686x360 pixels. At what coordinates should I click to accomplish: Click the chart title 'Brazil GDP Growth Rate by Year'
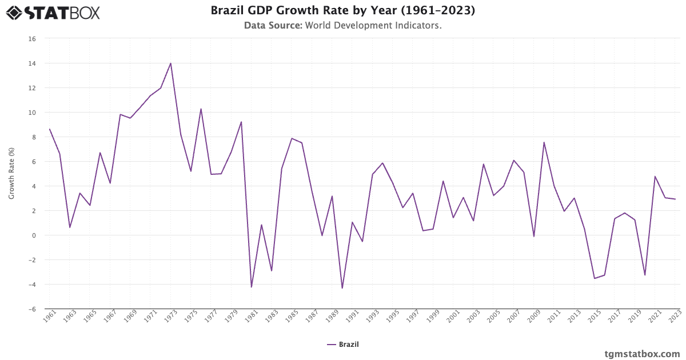click(x=342, y=11)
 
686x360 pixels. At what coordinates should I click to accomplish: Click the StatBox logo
click(x=53, y=12)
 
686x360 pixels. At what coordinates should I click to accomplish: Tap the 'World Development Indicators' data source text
click(x=373, y=26)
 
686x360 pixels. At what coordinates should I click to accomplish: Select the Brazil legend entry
click(x=343, y=344)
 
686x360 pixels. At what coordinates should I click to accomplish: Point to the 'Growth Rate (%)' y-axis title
click(x=11, y=174)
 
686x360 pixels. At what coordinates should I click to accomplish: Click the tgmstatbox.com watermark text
click(x=642, y=354)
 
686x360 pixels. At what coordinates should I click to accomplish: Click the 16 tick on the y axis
click(x=32, y=39)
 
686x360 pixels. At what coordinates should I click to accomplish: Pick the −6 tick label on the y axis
click(x=32, y=309)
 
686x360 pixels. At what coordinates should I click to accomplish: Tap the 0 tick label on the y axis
click(x=34, y=235)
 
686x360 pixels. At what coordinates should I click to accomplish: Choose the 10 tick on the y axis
click(x=32, y=113)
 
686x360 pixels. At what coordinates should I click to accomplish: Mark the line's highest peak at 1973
click(x=171, y=63)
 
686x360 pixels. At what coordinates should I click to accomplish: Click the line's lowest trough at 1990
click(x=342, y=288)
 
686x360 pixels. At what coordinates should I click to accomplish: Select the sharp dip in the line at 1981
click(x=252, y=287)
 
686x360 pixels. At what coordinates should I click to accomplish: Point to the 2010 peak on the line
click(x=544, y=142)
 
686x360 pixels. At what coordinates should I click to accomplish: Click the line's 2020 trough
click(x=645, y=275)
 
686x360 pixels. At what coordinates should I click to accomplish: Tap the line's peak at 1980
click(x=241, y=122)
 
